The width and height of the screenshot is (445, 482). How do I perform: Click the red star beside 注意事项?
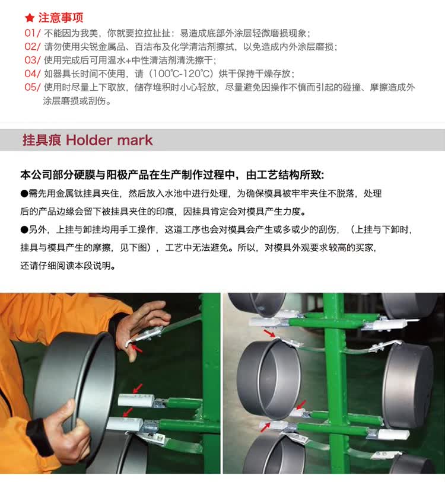[x=30, y=18]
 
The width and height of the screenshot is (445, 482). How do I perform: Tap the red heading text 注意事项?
[x=61, y=18]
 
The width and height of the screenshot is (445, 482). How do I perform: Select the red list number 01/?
[x=32, y=33]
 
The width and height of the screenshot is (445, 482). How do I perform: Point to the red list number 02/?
[x=32, y=46]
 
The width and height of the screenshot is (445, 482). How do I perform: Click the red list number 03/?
[x=32, y=60]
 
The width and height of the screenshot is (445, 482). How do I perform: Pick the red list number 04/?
[x=32, y=74]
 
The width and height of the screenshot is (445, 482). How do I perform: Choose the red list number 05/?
[x=32, y=87]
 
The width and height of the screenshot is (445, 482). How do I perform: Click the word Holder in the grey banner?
[x=89, y=140]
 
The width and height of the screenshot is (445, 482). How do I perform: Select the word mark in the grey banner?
[x=135, y=140]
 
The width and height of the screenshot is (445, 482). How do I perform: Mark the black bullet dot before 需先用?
[x=24, y=194]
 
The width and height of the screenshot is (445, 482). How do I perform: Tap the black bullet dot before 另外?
[x=24, y=229]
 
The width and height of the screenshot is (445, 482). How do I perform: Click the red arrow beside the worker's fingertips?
[x=137, y=349]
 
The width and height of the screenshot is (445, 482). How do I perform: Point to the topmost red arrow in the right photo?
[x=269, y=334]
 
